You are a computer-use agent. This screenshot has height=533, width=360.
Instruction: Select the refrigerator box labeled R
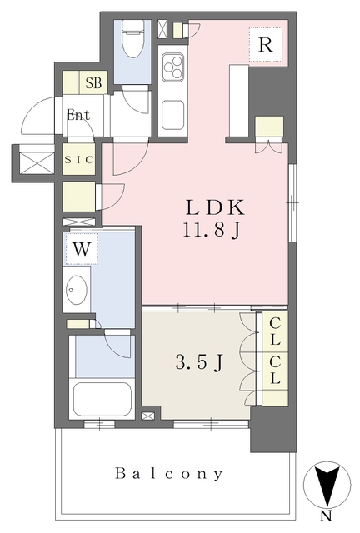click(265, 45)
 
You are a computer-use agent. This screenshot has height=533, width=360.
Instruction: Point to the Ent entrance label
click(78, 116)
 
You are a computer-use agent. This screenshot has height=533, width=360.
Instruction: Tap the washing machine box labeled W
click(82, 248)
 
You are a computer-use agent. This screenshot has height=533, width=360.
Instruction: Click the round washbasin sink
click(77, 290)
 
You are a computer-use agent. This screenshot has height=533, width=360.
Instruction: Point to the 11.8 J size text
click(214, 229)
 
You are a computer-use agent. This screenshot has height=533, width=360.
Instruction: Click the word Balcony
click(169, 474)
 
